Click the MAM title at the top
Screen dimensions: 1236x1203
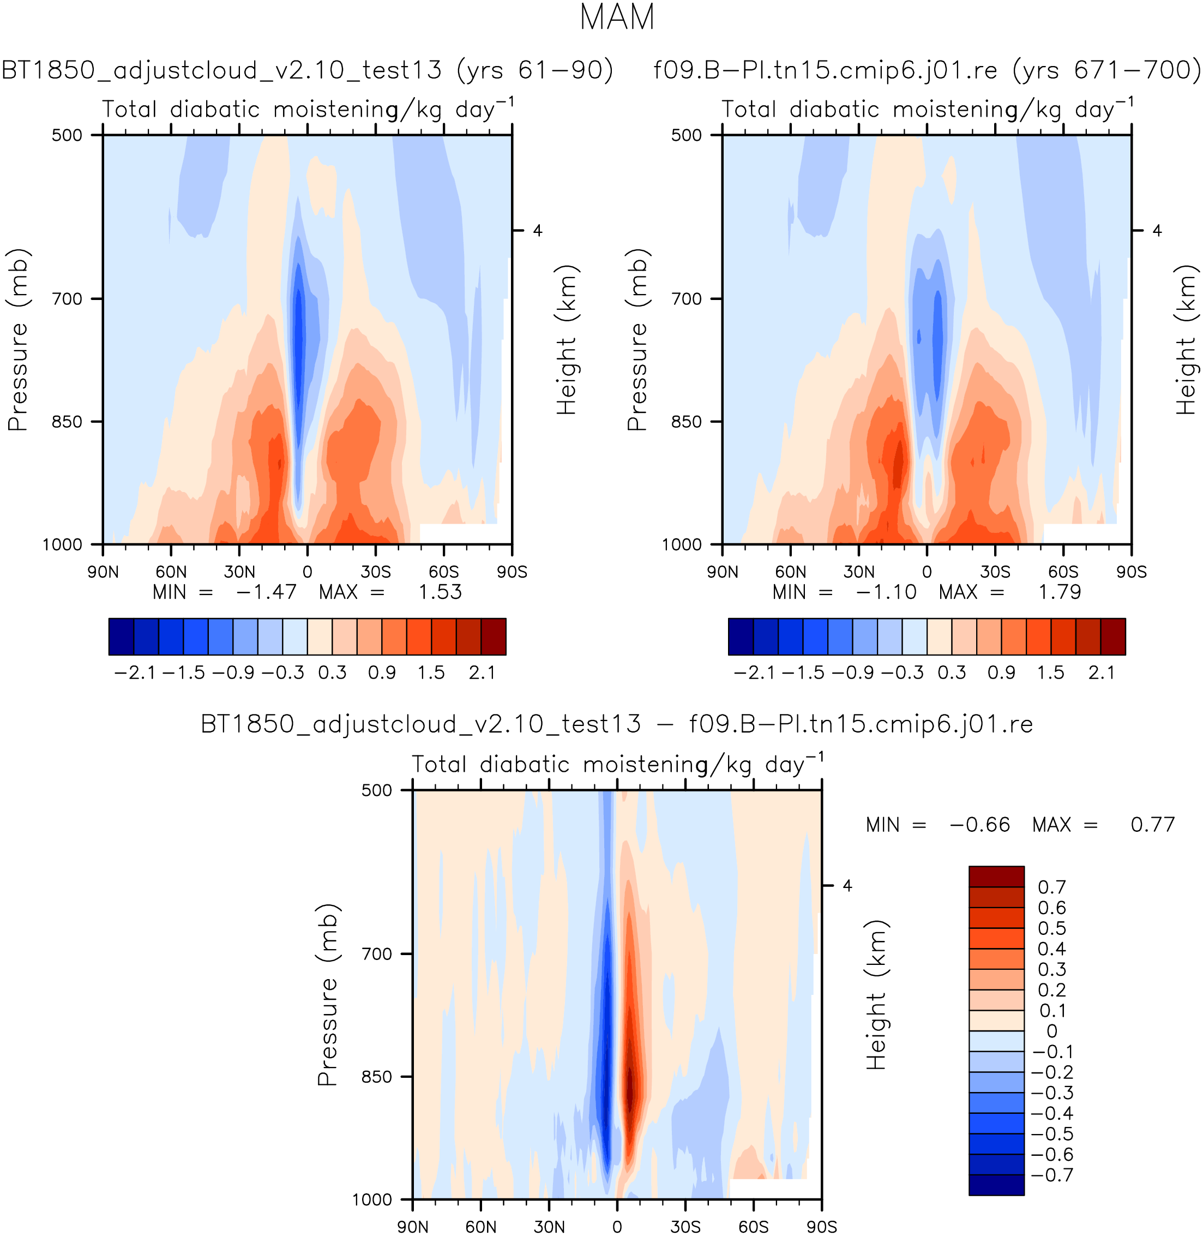[x=617, y=17]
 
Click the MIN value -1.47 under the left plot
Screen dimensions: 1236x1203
[x=266, y=592]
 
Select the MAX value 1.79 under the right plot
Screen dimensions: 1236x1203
[x=1060, y=592]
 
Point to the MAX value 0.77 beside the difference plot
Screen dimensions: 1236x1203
[x=1152, y=825]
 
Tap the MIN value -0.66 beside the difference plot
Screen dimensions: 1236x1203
[x=979, y=825]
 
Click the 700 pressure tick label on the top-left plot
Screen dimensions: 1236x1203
[x=67, y=299]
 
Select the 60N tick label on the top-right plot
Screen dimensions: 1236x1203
[x=790, y=572]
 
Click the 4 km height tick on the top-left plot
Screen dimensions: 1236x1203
[x=538, y=231]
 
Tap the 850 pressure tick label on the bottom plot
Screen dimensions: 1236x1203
[x=377, y=1077]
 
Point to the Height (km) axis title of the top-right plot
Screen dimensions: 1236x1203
[x=1187, y=339]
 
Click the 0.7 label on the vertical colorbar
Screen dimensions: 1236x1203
[x=1052, y=887]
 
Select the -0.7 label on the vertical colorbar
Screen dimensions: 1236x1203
[x=1052, y=1175]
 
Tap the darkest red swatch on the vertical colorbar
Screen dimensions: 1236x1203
[x=996, y=877]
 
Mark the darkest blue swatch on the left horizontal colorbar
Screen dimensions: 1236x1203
[x=121, y=637]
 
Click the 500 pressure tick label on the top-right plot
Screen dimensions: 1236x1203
[x=686, y=135]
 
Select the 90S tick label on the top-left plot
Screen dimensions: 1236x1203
[x=512, y=572]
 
